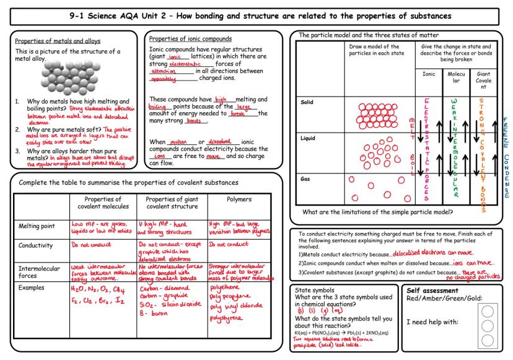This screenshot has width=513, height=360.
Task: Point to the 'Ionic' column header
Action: pos(428,73)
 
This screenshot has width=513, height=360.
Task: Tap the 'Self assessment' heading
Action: pos(431,290)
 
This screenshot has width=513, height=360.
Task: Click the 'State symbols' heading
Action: pos(316,290)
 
